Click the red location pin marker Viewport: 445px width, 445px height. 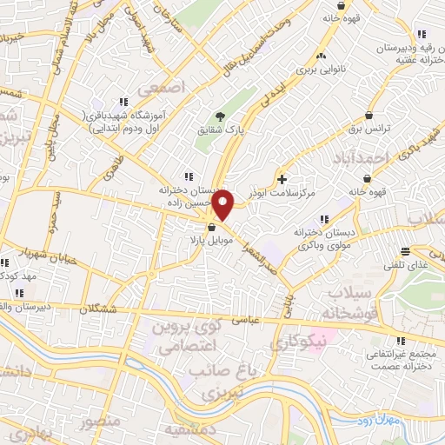(x=223, y=205)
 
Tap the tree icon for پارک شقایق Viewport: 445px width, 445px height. (x=222, y=116)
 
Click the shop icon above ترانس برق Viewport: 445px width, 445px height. (x=370, y=115)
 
